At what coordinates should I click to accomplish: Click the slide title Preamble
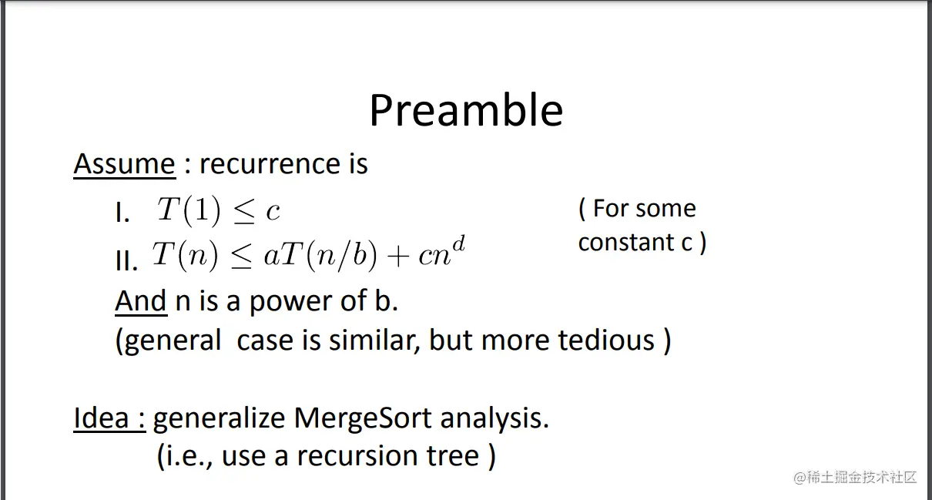click(x=466, y=110)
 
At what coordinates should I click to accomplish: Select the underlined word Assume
click(x=125, y=164)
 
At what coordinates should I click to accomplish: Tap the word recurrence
click(x=270, y=164)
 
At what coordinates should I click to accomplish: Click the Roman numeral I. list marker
click(x=122, y=213)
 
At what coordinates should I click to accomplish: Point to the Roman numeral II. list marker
click(x=126, y=261)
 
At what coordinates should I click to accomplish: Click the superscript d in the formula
click(x=458, y=244)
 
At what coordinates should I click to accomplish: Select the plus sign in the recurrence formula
click(x=397, y=256)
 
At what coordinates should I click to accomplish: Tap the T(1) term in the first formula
click(x=189, y=210)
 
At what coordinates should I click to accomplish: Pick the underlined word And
click(x=141, y=301)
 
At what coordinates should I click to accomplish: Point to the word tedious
click(x=606, y=340)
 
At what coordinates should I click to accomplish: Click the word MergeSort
click(x=362, y=419)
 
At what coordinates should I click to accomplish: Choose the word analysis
click(x=494, y=419)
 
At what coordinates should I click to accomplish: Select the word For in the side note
click(x=610, y=208)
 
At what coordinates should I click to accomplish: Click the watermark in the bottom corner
click(x=856, y=478)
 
